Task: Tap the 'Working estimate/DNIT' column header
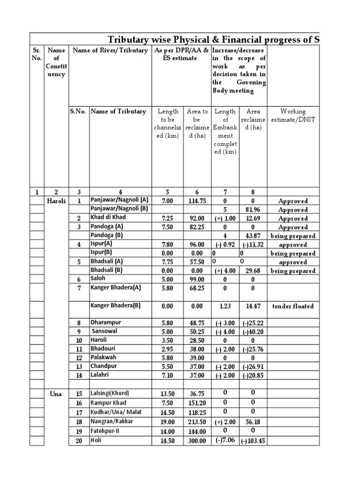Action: coord(292,115)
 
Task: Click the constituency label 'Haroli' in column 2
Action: coord(56,201)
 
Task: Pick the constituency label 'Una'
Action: coord(56,394)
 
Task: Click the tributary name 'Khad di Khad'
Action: coord(108,218)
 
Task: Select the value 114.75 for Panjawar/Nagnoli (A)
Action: coord(197,201)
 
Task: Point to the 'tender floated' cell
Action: coord(292,306)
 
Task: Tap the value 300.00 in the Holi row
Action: coord(197,441)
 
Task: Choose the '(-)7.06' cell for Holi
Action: coord(225,441)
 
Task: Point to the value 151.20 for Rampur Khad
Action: coord(197,403)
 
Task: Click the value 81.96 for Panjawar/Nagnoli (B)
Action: coord(253,210)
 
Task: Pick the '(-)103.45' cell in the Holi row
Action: coord(253,441)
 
